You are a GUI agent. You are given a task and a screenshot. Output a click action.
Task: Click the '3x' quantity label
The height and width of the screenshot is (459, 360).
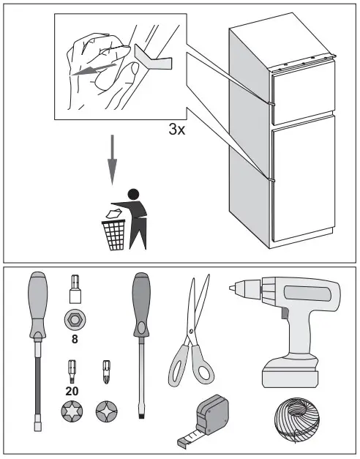(x=178, y=130)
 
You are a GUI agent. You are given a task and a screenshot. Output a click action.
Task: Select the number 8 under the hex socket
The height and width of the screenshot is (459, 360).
(x=74, y=339)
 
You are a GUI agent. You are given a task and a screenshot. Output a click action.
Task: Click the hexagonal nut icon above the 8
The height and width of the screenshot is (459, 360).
(x=74, y=320)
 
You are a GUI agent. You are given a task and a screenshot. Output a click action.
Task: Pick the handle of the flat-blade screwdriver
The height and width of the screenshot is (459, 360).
(x=140, y=302)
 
